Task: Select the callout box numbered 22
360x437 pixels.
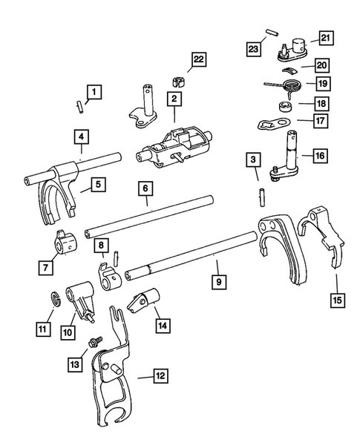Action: click(x=197, y=59)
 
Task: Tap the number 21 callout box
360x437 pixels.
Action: click(x=326, y=38)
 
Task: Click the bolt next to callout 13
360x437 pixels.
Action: click(x=96, y=343)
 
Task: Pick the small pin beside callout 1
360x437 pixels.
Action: click(x=80, y=106)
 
